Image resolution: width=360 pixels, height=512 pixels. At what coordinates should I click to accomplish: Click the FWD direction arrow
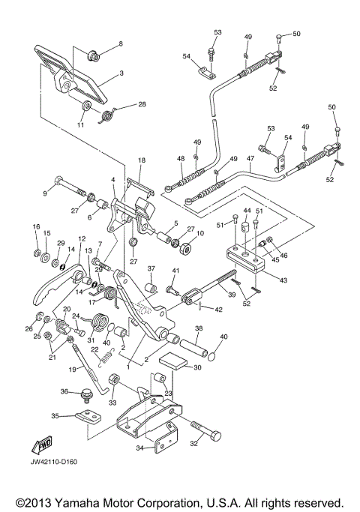point(42,445)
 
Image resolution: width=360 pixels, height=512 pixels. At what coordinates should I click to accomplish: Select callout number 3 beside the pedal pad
point(121,73)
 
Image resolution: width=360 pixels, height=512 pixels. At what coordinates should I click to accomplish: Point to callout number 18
point(142,160)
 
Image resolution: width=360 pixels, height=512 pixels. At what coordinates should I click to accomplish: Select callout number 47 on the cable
point(250,158)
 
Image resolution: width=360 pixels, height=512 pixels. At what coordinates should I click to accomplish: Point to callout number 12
point(82,238)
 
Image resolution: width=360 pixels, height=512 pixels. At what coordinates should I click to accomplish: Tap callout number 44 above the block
point(247,211)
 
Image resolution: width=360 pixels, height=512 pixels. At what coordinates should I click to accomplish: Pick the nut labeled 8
point(93,56)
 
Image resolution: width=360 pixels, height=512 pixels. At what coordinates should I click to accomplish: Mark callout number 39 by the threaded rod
point(232,295)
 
